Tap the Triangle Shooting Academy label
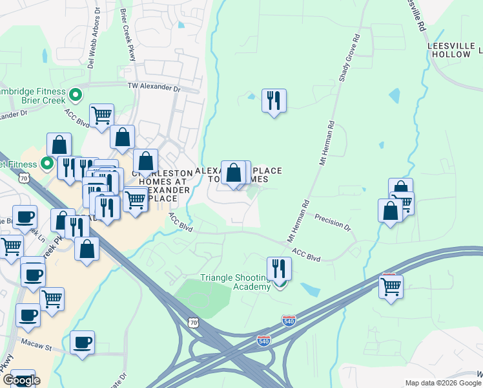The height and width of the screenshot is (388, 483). coord(234,282)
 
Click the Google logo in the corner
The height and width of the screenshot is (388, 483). coord(21,380)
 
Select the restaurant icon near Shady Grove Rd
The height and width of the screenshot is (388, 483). coord(274,100)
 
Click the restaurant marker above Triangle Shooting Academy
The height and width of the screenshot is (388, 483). coord(279,268)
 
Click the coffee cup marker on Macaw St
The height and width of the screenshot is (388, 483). coord(82,342)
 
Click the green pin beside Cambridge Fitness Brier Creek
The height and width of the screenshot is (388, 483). coord(76,96)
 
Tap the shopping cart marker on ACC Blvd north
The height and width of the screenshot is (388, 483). coord(102,115)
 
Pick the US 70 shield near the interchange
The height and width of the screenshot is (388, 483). coord(194,321)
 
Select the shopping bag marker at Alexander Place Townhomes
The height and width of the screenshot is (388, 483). coord(234,172)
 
